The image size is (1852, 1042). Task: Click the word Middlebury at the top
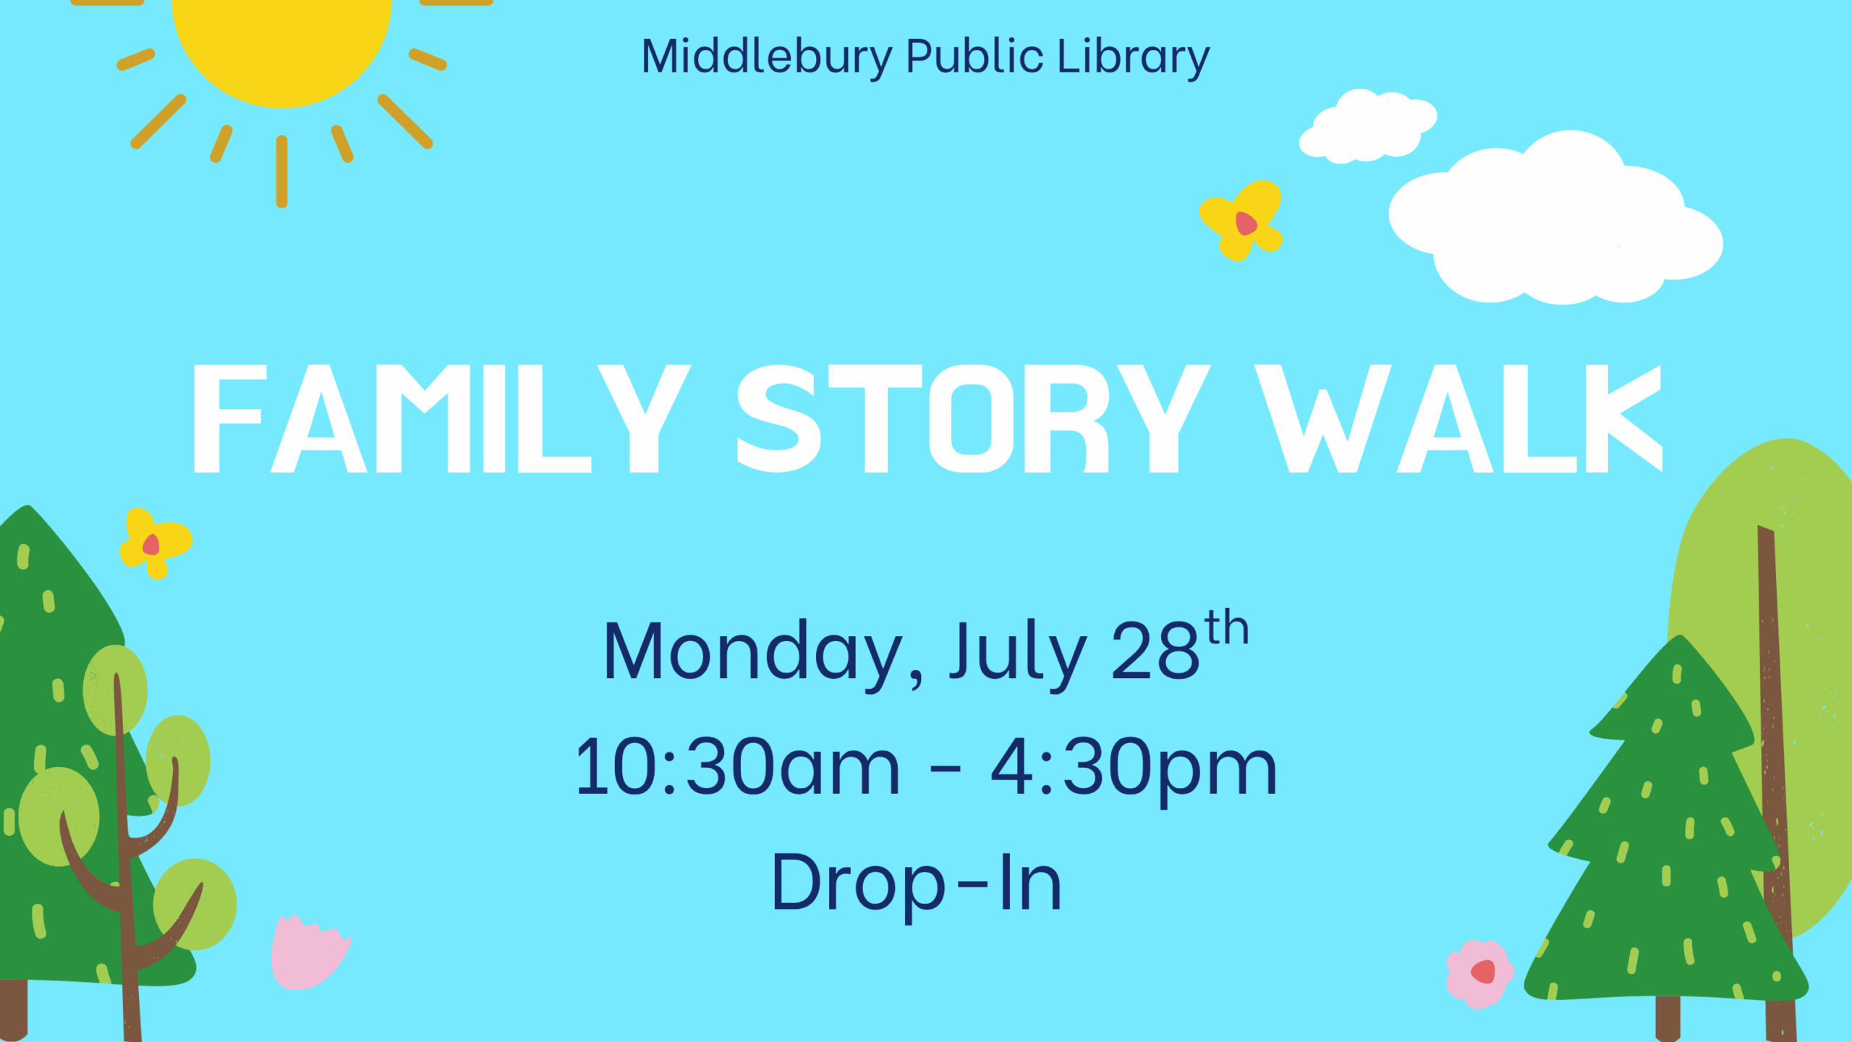[x=768, y=58]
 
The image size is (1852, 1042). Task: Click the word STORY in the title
[x=974, y=419]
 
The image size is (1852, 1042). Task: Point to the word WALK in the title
[x=1458, y=419]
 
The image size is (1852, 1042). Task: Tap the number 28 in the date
[x=1155, y=651]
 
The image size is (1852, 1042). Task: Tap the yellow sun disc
[x=282, y=43]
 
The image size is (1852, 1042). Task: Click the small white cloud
[x=1367, y=126]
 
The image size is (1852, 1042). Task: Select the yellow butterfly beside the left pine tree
[x=154, y=543]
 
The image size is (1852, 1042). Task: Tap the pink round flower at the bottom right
[x=1479, y=974]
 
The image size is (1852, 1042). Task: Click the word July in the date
[x=1019, y=655]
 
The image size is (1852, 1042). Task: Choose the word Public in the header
[x=975, y=56]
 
